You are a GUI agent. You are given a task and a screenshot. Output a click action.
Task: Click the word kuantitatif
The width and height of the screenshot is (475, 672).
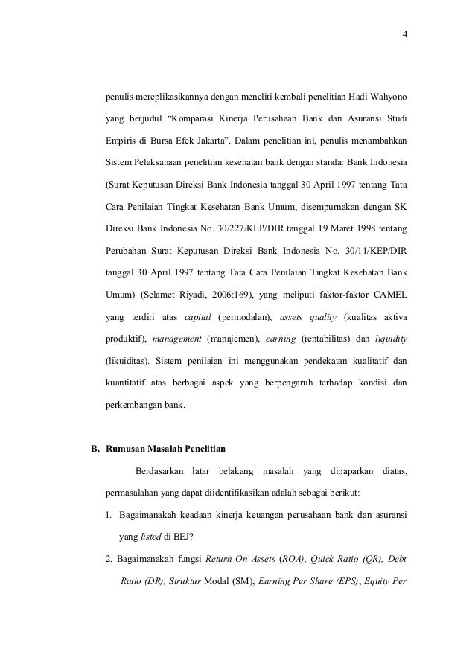point(130,384)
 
